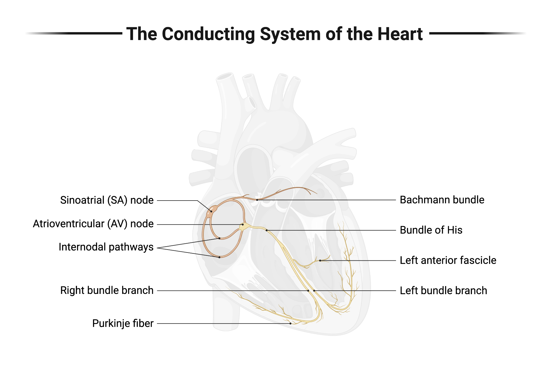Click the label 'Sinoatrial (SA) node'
click(x=107, y=200)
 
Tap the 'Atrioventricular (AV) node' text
click(x=93, y=224)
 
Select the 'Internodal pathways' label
click(x=106, y=247)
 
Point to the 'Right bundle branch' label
click(x=107, y=290)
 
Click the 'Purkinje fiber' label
click(x=123, y=324)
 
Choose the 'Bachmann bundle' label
click(x=442, y=200)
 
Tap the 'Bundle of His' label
click(x=431, y=230)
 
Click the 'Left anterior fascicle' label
click(x=448, y=260)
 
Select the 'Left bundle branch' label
click(x=443, y=291)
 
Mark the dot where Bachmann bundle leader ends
click(x=257, y=200)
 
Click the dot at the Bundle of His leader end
click(x=267, y=230)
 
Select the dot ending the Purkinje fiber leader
click(x=290, y=324)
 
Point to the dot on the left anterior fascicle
click(x=320, y=260)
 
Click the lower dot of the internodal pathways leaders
click(x=220, y=257)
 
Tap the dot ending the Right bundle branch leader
click(x=308, y=291)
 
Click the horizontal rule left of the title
click(x=82, y=33)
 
